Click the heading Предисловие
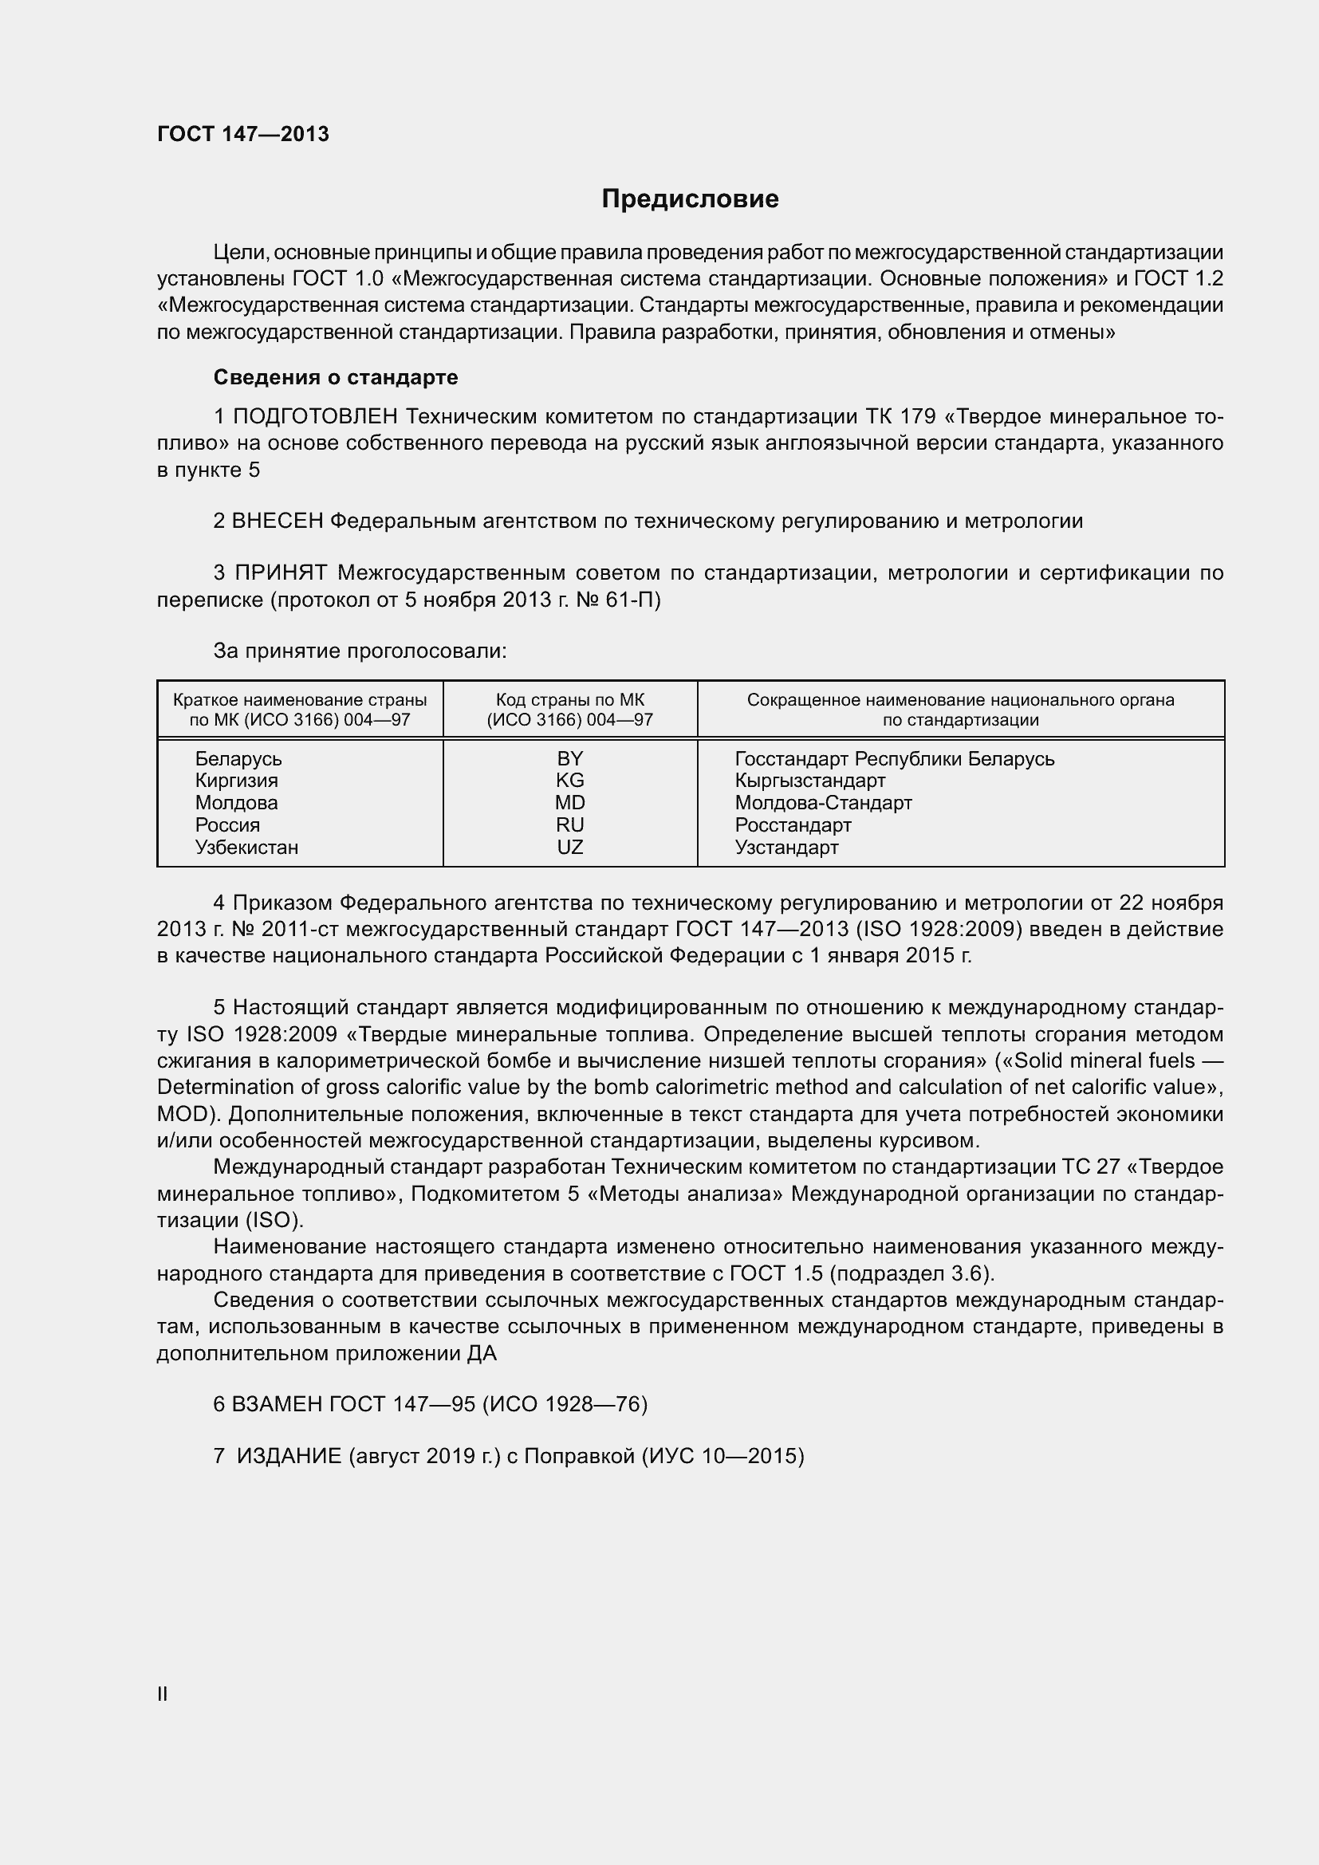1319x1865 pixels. point(690,199)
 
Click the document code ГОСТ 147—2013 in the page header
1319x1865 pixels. point(243,134)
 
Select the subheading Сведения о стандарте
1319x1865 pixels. point(336,377)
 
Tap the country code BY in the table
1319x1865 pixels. point(570,757)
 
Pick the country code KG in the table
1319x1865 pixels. point(570,780)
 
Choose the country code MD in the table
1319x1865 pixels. point(570,803)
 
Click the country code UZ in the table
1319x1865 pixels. point(570,848)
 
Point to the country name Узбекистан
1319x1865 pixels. point(246,848)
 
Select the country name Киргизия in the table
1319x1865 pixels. point(236,781)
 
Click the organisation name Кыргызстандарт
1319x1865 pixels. point(809,781)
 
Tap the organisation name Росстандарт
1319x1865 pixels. point(793,825)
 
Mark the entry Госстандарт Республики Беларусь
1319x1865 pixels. point(894,758)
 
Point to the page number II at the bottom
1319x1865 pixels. point(163,1694)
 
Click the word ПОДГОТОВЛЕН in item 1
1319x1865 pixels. point(315,417)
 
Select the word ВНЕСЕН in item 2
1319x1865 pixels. point(278,521)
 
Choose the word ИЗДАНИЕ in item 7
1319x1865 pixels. point(289,1456)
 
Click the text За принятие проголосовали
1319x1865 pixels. point(360,651)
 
